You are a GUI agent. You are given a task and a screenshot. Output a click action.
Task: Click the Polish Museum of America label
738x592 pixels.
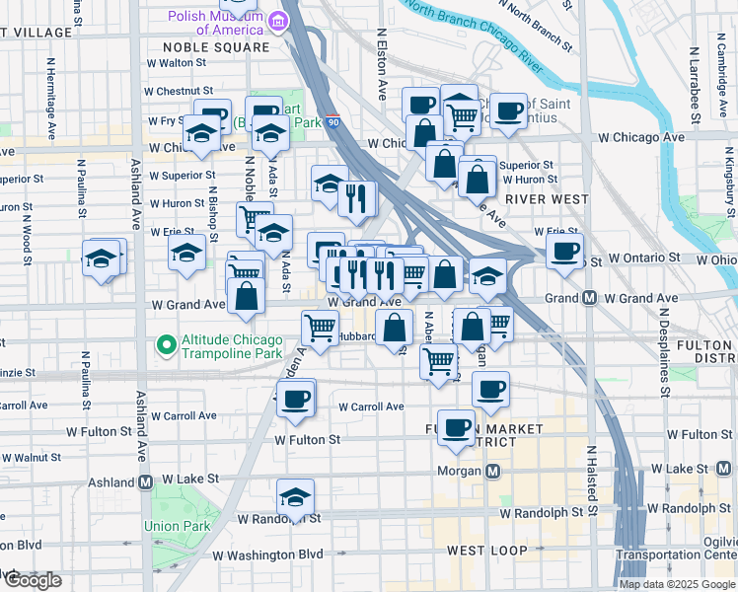tap(218, 22)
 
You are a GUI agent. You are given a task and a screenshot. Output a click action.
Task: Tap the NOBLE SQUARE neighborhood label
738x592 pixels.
tap(216, 46)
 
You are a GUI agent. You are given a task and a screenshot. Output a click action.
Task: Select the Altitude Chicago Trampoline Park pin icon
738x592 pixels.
tap(166, 345)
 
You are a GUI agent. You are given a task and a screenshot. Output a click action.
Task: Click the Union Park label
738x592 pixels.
tap(178, 526)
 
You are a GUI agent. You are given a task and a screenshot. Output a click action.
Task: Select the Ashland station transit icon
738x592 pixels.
tap(145, 482)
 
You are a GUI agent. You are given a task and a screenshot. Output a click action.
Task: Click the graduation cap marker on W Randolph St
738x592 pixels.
tap(294, 499)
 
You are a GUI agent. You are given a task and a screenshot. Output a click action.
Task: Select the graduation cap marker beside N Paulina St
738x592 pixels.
tap(101, 259)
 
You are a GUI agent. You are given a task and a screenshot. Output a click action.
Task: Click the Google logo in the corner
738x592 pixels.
tap(33, 580)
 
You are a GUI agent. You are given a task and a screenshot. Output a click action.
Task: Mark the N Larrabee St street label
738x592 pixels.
tap(695, 83)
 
